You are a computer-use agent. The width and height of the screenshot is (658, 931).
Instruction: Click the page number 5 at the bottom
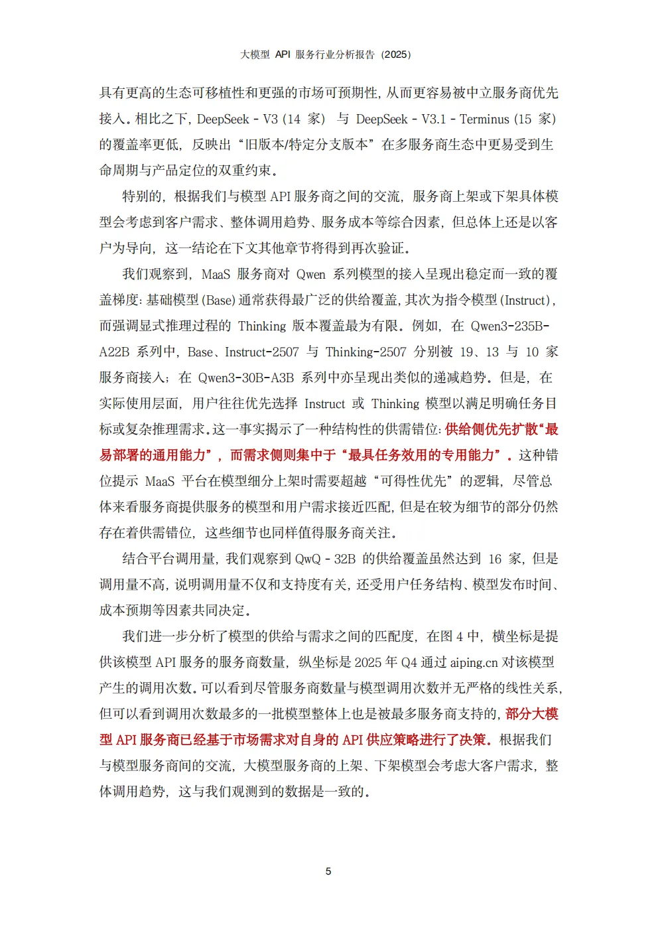pyautogui.click(x=328, y=871)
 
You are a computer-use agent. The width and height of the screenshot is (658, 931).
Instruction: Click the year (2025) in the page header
pyautogui.click(x=396, y=54)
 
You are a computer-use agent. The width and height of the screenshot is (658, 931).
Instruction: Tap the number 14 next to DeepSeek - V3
pyautogui.click(x=293, y=119)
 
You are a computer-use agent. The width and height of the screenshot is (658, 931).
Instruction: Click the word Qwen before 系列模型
pyautogui.click(x=310, y=274)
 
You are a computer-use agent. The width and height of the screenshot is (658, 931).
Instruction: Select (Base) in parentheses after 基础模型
pyautogui.click(x=219, y=300)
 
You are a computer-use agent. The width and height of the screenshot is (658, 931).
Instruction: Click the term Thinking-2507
pyautogui.click(x=365, y=352)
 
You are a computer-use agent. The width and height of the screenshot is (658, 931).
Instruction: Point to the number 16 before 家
pyautogui.click(x=495, y=559)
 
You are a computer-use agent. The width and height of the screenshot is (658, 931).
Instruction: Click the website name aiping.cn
pyautogui.click(x=474, y=662)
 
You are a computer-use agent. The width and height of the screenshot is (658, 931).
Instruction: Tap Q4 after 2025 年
pyautogui.click(x=410, y=662)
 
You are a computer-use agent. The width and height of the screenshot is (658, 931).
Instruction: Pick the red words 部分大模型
pyautogui.click(x=532, y=714)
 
